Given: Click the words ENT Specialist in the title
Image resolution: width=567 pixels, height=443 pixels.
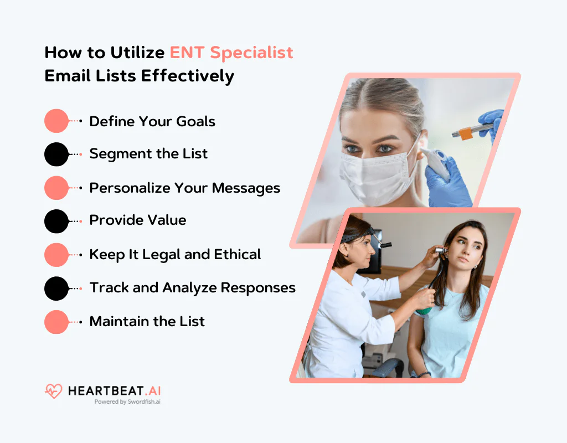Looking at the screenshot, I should [231, 53].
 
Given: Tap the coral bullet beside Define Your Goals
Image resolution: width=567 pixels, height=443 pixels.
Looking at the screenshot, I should [56, 121].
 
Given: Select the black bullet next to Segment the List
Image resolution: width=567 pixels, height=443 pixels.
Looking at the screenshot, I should [56, 154].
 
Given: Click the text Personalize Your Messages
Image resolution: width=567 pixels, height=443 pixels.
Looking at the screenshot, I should [184, 188].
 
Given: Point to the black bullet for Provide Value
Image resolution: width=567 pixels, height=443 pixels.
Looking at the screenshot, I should [56, 221].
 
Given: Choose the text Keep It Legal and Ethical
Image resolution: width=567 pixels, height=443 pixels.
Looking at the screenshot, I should [175, 254].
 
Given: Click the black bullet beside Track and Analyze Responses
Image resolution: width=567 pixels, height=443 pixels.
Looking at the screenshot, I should [56, 288].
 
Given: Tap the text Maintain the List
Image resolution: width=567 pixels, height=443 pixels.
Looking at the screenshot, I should [147, 321].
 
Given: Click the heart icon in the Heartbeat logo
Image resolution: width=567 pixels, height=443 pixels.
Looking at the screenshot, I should [54, 392].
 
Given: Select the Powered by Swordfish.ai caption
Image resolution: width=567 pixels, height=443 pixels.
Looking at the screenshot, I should [127, 402].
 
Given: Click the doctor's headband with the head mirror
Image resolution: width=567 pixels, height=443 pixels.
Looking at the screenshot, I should [354, 237].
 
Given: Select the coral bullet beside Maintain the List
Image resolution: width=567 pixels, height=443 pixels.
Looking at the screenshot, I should [56, 322].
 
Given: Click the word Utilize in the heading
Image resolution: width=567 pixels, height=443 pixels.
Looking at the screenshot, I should [137, 53].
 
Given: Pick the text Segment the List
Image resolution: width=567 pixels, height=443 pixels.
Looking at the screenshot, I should [148, 154].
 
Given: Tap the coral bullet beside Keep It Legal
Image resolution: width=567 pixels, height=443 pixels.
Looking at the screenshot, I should [56, 254].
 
